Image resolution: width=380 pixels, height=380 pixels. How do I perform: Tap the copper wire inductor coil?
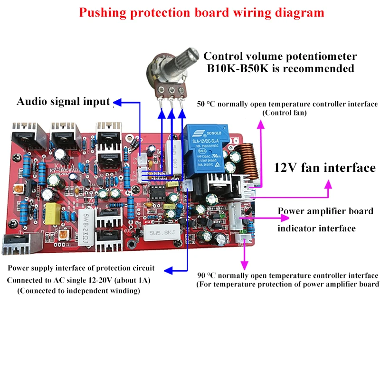coord(245,157)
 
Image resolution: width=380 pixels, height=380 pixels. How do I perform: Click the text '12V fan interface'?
coord(325,168)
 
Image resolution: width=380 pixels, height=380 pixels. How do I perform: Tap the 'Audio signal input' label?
coord(63,101)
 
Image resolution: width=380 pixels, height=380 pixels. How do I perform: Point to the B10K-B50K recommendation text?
coord(280,68)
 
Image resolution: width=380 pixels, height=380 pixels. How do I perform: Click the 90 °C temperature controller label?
coord(288,275)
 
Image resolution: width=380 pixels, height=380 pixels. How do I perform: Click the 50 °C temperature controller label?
coord(287,104)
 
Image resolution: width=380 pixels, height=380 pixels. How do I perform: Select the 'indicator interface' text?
coord(316,228)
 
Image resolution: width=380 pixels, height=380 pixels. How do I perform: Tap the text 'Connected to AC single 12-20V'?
coord(78,280)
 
